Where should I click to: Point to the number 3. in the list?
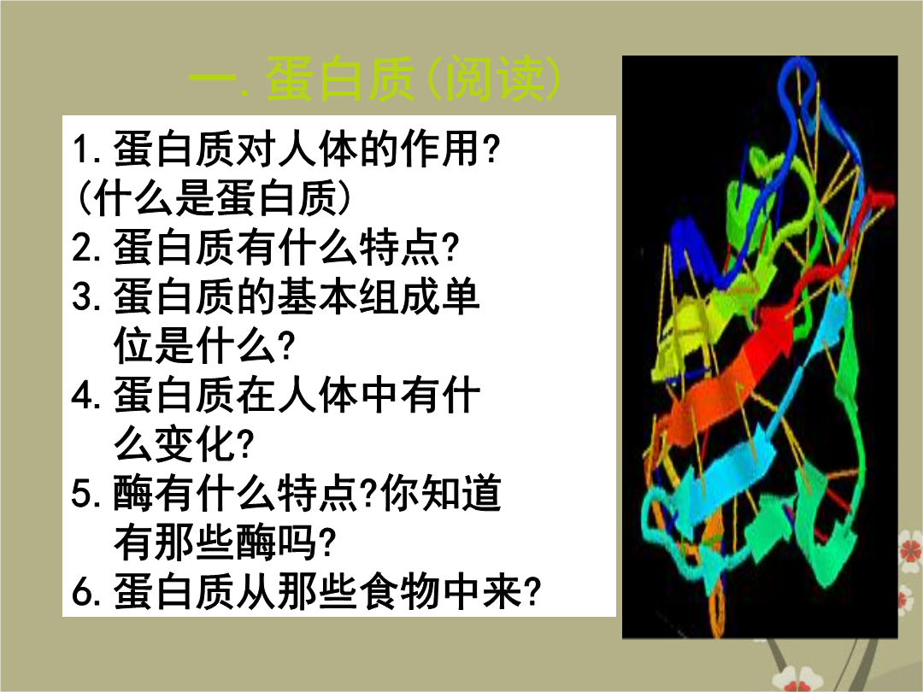pyautogui.click(x=88, y=296)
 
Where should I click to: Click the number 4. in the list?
pyautogui.click(x=88, y=395)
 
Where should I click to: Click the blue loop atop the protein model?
pyautogui.click(x=799, y=82)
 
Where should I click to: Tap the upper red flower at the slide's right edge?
pyautogui.click(x=911, y=551)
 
